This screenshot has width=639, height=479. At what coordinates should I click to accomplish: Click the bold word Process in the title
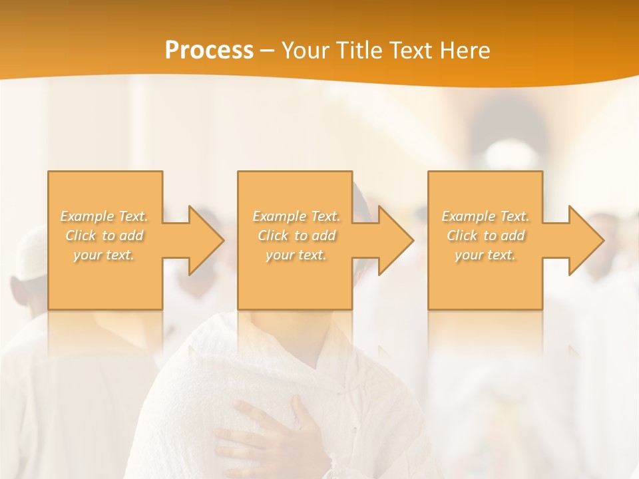tap(209, 51)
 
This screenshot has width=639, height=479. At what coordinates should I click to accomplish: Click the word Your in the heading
tap(305, 51)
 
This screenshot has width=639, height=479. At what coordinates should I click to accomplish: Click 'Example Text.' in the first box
tap(105, 216)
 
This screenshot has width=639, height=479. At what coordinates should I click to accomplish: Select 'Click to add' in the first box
tap(105, 236)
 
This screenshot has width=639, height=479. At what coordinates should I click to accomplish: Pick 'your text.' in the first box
tap(105, 255)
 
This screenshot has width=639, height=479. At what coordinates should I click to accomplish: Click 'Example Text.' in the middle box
tap(296, 216)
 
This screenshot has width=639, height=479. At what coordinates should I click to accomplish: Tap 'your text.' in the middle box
tap(296, 255)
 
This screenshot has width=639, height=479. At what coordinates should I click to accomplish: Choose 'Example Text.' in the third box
tap(485, 216)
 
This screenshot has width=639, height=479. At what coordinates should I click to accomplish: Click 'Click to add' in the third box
tap(485, 236)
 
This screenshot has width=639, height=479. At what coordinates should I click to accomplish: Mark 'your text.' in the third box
tap(485, 255)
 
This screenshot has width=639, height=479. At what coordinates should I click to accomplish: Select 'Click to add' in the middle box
tap(296, 236)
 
